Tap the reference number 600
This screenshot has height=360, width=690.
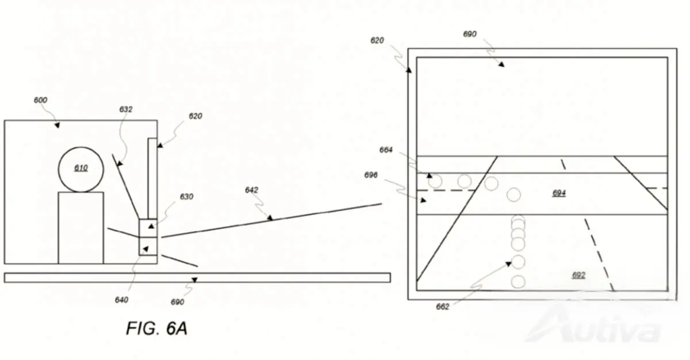coord(40,100)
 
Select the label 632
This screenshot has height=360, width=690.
coord(126,109)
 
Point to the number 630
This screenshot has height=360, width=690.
coord(187,197)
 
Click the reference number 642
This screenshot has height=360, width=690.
coord(252,190)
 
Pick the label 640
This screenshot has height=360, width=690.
coord(122,300)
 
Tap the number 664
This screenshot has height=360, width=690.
coord(386,150)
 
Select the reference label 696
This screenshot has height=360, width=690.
coord(371,175)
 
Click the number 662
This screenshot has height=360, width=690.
coord(443,307)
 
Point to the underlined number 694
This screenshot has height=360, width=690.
coord(559,193)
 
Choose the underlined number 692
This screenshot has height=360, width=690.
coord(579,275)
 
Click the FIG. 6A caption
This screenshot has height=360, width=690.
coord(157,328)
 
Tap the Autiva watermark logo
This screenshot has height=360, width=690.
coord(593,325)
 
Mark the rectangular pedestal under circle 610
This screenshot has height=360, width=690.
coord(81,228)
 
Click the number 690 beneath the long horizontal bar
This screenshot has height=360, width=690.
coord(178,302)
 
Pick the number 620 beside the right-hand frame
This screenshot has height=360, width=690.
coord(377,40)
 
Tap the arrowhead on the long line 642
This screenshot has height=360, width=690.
coord(270,218)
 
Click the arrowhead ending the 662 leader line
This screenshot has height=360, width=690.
coord(508,264)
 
